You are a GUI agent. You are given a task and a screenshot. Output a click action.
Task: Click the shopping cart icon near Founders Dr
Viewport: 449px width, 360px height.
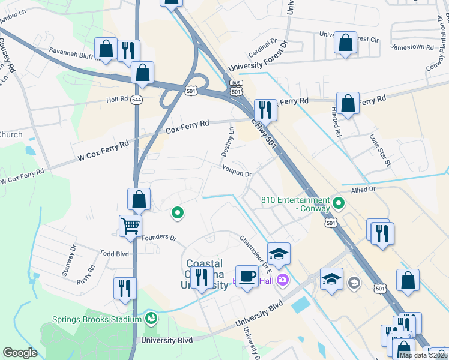(x=130, y=226)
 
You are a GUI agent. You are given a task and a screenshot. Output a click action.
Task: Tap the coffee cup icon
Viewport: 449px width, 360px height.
(x=247, y=276)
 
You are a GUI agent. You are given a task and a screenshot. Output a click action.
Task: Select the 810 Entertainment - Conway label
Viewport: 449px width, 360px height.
(x=295, y=204)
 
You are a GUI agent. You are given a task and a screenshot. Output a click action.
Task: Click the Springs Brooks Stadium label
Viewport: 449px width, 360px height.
(x=96, y=319)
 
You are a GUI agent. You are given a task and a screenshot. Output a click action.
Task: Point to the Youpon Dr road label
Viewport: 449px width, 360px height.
(x=236, y=172)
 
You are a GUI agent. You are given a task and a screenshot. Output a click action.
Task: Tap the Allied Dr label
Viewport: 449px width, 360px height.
(x=363, y=189)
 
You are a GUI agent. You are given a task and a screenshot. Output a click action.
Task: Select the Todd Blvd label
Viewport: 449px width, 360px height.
(x=115, y=254)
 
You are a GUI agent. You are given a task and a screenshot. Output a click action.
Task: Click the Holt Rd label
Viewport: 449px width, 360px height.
(x=118, y=99)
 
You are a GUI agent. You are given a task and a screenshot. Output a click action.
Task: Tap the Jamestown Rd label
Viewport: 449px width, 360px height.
(x=412, y=46)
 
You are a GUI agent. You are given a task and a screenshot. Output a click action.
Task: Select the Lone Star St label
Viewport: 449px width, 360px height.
(x=380, y=151)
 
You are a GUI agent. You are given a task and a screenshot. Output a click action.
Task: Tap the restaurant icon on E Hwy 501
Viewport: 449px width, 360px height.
(x=265, y=110)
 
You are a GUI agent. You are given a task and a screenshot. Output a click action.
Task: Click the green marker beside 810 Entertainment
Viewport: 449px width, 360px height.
(x=339, y=203)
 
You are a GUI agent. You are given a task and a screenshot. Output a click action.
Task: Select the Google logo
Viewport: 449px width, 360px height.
(x=20, y=353)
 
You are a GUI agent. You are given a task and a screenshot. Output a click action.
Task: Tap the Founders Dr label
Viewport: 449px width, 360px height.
(x=159, y=238)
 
